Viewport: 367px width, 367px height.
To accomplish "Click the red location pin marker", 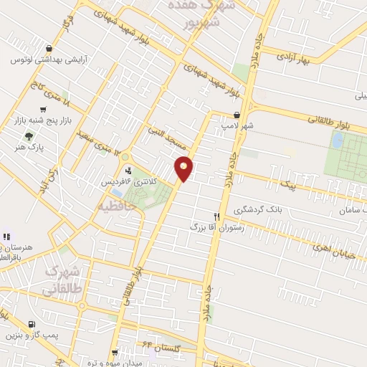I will click(184, 168).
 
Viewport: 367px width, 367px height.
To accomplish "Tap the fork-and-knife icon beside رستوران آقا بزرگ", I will click(216, 216).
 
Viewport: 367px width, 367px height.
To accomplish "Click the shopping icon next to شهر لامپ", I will click(237, 115).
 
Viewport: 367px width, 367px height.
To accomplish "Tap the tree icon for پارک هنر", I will click(28, 135).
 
